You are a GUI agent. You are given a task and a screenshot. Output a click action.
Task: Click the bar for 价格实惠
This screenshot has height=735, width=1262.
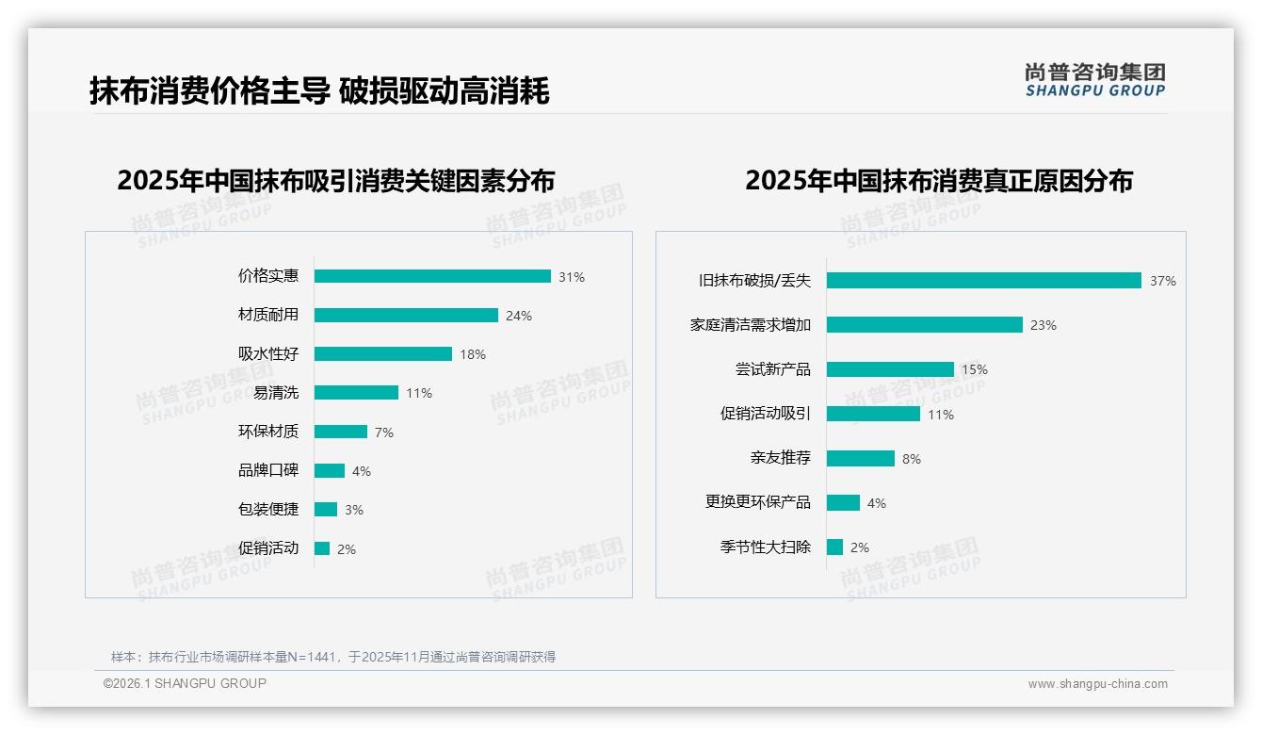point(432,276)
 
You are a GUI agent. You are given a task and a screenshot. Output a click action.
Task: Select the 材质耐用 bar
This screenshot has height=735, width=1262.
point(406,316)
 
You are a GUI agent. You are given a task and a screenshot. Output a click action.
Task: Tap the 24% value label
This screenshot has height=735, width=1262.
point(519,317)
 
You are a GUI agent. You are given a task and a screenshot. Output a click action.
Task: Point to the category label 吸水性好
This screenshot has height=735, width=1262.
point(268,354)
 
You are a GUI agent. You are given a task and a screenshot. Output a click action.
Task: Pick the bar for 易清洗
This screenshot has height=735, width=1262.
point(356,393)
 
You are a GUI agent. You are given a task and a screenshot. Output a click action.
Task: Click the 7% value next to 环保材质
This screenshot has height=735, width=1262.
point(384,433)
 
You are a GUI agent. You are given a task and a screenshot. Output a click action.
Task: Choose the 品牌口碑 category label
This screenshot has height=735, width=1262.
point(268,470)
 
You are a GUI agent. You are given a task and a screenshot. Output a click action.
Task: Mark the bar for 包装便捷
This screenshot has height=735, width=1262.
point(326,510)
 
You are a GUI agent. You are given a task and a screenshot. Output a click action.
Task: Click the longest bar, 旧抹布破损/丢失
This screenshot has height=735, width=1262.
point(984,280)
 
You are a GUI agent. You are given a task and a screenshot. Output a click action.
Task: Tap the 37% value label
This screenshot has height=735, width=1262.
point(1163,281)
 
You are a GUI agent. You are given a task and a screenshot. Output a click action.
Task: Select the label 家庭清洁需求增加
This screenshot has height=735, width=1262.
point(751,325)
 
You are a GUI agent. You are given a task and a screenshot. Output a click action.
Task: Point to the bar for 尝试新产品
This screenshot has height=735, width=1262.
point(890,369)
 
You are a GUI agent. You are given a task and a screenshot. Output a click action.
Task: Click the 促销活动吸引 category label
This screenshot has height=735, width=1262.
point(766,414)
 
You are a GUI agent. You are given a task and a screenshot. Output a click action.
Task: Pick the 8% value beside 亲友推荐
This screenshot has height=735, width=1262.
point(912,459)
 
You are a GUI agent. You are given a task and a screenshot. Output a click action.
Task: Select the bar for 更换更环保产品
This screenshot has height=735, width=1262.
point(843,503)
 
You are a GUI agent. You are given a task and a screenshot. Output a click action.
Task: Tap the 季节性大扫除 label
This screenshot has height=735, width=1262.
point(766,547)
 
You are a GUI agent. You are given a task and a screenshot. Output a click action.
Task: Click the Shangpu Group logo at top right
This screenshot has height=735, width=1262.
point(1095,79)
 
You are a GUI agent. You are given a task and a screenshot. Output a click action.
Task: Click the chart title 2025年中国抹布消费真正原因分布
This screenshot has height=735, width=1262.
point(939,181)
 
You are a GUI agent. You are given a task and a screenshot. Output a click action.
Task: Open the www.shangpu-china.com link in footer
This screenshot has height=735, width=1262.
point(1097,684)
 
